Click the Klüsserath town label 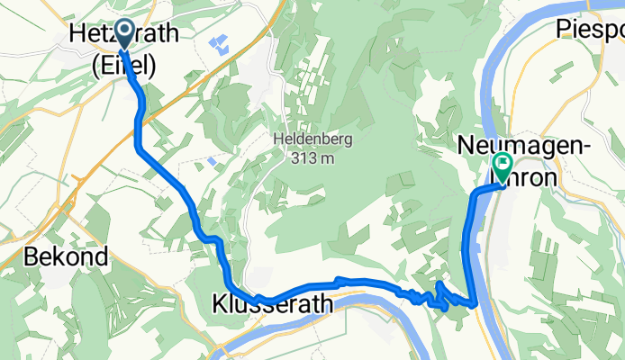point(272,304)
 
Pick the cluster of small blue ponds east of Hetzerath point(218,42)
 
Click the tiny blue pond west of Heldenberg point(210,161)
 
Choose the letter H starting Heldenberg point(276,140)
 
